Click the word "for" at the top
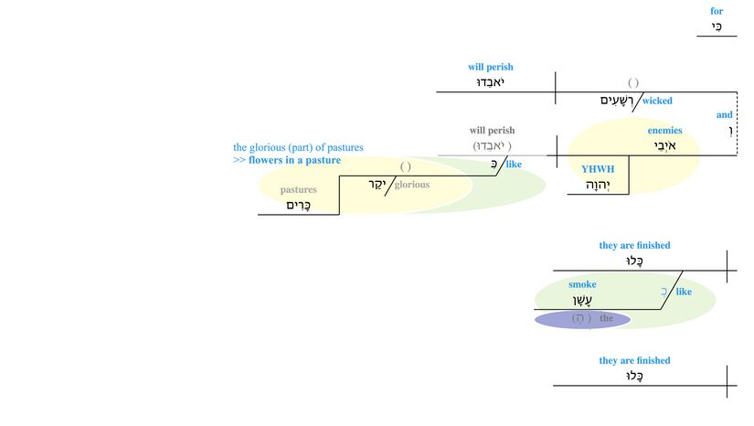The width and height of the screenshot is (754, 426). point(717,11)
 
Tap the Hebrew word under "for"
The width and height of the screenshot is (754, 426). point(717,27)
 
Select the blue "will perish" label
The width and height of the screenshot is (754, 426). point(491,67)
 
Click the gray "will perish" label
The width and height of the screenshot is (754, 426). point(492,131)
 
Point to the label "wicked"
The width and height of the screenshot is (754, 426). point(657,101)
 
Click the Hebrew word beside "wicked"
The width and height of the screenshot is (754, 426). point(616,101)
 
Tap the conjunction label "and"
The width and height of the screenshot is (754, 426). point(724,114)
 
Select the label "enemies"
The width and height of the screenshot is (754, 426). point(664,131)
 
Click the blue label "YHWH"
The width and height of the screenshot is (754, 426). point(598,169)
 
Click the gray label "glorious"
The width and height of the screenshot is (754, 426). point(411,184)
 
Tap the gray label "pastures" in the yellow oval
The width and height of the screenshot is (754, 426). point(298,189)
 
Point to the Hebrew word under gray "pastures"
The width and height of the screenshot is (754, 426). point(299,206)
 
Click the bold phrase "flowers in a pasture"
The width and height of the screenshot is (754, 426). point(294,160)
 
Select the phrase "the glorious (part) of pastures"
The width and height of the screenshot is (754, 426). point(298,147)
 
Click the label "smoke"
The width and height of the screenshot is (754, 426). point(582,284)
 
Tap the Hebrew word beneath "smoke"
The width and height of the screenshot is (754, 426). point(582,301)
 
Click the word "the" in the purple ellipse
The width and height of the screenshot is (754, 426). point(606,318)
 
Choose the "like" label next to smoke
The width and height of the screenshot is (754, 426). point(683,292)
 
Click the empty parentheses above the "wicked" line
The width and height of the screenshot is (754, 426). point(633,83)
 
